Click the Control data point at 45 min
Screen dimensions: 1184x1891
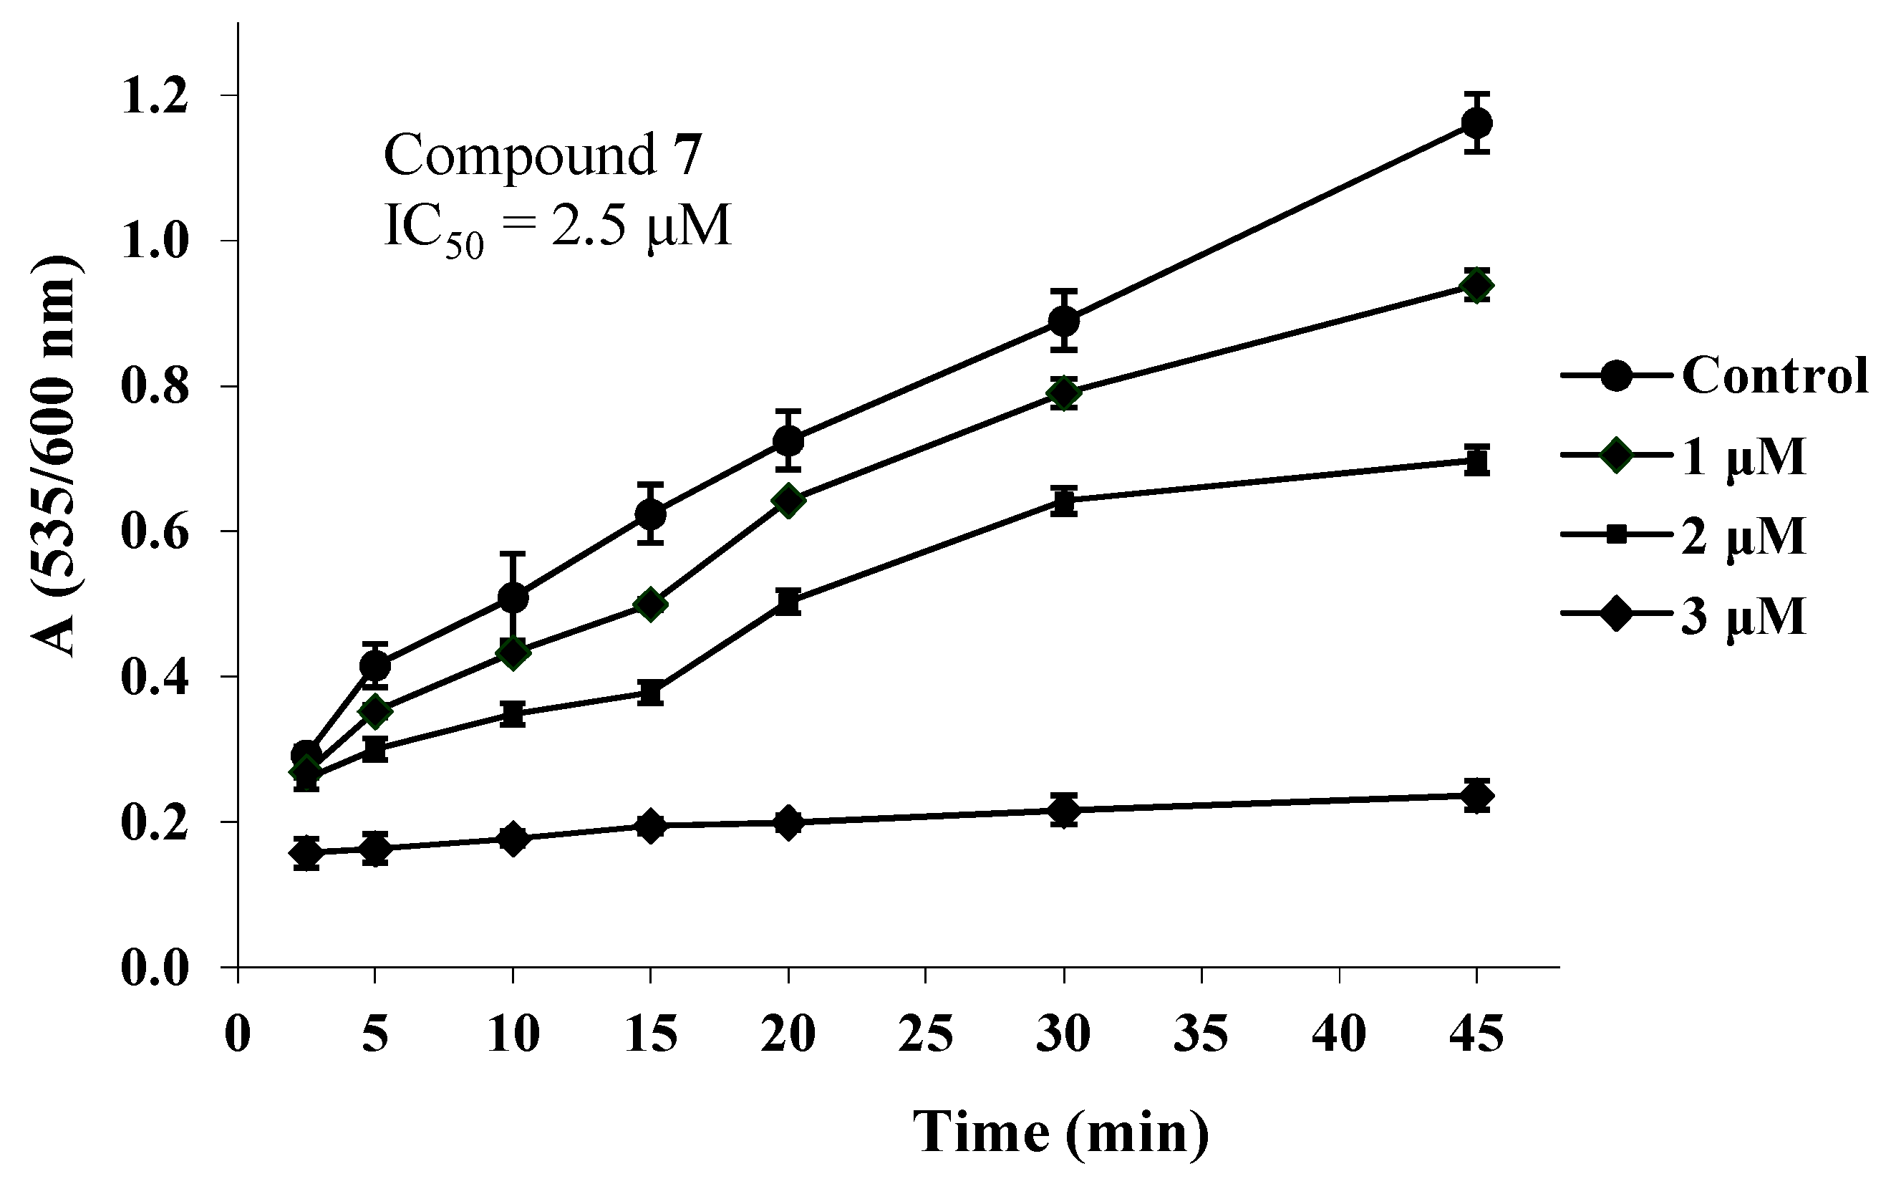(x=1476, y=123)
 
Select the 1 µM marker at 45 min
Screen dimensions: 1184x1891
(x=1476, y=286)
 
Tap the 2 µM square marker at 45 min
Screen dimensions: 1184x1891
(x=1476, y=462)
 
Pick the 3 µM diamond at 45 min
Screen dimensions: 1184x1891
(x=1476, y=796)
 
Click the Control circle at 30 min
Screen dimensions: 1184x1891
(x=1064, y=320)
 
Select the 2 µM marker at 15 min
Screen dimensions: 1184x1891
(x=650, y=692)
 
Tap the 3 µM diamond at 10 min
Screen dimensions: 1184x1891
(x=513, y=839)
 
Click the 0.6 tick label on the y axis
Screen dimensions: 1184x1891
(x=154, y=531)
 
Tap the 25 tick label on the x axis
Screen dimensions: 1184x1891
(x=926, y=1034)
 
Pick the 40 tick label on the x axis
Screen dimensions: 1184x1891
(x=1339, y=1034)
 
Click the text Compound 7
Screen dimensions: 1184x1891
(x=543, y=155)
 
